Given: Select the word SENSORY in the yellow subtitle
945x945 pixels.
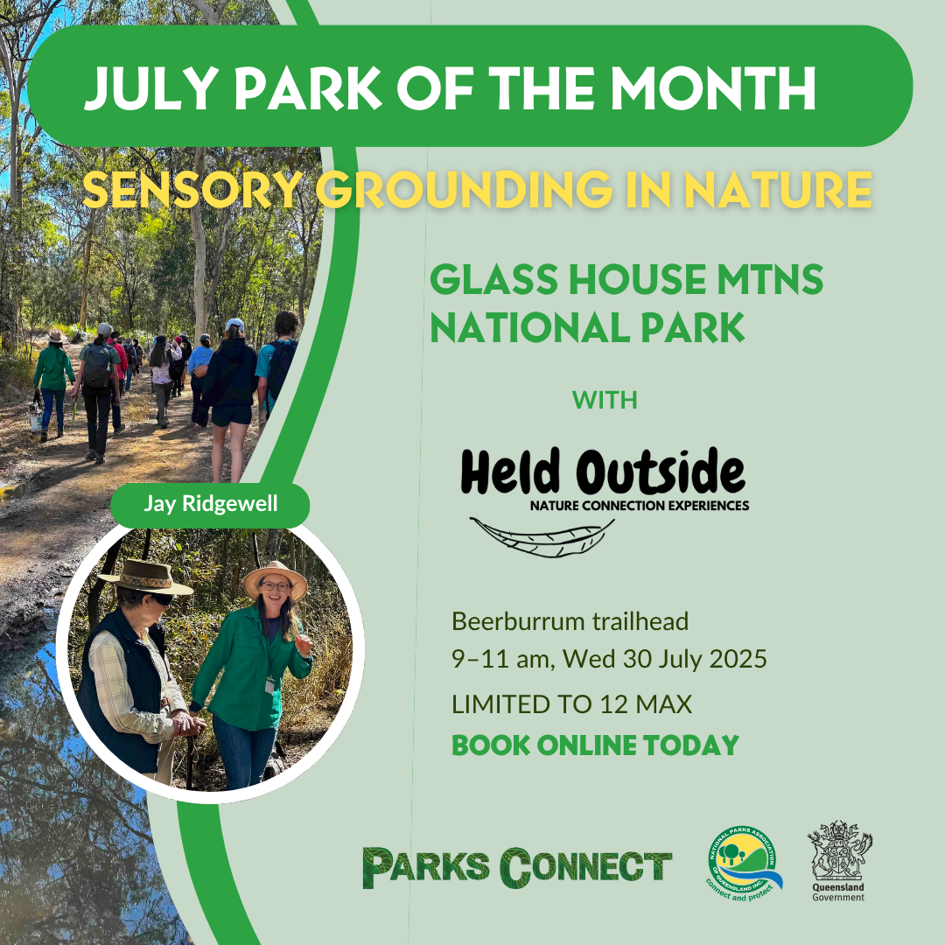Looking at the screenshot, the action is [x=192, y=189].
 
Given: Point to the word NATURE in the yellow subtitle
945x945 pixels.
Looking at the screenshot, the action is [x=778, y=189].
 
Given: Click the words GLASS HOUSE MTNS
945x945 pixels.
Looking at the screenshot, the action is [x=626, y=280].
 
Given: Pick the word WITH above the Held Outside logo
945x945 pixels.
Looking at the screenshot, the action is [x=605, y=400].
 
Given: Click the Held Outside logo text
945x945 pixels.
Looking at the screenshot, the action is [x=603, y=472].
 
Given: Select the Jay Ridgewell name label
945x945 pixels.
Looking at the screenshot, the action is [x=210, y=504].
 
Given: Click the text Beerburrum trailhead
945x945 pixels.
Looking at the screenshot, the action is [x=570, y=621].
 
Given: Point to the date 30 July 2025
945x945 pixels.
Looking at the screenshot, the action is [x=695, y=659].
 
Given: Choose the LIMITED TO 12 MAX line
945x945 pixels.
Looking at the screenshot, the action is [x=572, y=704].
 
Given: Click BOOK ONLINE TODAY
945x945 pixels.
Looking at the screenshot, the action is [x=596, y=745].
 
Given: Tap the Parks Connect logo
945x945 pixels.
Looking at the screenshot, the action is [x=517, y=868].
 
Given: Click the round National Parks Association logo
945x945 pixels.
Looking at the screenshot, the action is [x=745, y=863].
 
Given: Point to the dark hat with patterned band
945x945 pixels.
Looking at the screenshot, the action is [x=145, y=577].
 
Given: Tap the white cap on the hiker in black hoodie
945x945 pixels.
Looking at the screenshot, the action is [x=234, y=325].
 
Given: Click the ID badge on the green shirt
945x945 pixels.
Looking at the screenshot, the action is [x=270, y=685].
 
